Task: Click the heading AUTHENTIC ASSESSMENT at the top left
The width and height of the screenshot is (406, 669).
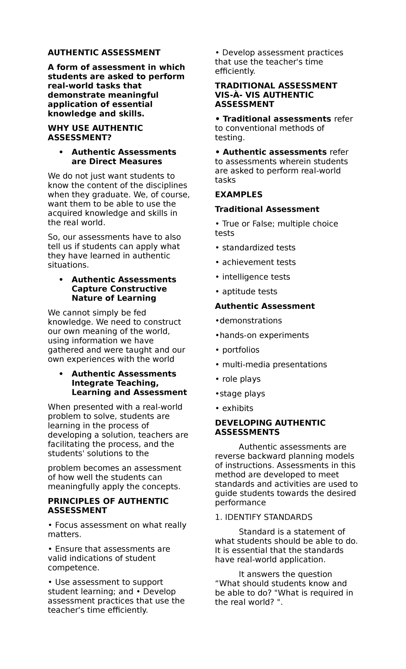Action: (104, 52)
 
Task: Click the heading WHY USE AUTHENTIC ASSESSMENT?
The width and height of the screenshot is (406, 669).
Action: (95, 133)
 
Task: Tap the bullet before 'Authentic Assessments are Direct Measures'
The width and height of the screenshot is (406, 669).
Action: (61, 152)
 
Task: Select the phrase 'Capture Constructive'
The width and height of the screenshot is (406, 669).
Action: (119, 289)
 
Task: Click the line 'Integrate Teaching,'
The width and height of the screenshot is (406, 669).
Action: (115, 383)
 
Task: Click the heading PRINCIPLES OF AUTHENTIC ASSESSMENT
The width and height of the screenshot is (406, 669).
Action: (108, 505)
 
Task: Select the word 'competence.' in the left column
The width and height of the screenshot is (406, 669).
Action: (73, 567)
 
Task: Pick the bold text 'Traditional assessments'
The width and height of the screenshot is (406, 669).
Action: (276, 119)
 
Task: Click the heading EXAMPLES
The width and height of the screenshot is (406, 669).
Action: (239, 194)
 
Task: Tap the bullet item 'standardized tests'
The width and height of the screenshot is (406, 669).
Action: (258, 247)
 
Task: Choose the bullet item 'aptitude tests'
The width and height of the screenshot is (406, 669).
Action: (249, 292)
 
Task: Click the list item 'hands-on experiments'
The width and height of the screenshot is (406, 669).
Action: (264, 335)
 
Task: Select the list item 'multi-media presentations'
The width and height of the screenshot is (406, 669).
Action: (274, 364)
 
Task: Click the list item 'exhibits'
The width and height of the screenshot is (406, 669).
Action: (238, 408)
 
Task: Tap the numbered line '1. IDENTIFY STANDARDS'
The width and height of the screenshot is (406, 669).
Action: (264, 517)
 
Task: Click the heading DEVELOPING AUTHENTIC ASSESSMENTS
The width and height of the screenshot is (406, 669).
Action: (270, 427)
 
